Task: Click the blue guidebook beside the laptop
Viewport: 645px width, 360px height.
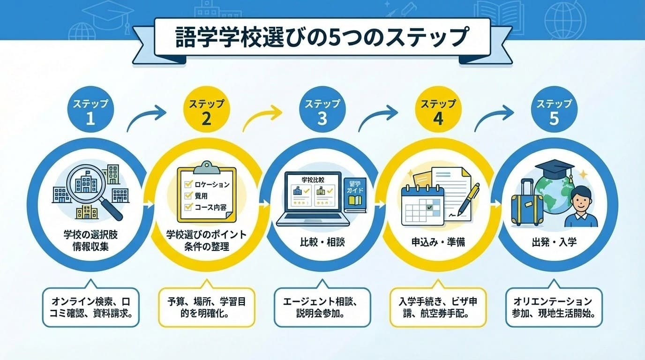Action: point(354,197)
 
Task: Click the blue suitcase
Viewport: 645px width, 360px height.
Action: point(527,203)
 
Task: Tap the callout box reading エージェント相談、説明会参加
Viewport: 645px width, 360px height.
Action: point(322,307)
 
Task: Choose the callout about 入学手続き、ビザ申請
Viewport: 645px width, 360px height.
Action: point(438,307)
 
